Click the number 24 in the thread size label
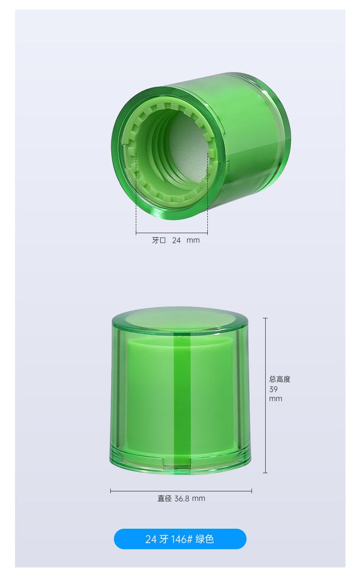176,240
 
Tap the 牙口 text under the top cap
159,240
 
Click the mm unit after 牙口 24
193,240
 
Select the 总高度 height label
280,379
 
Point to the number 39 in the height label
273,389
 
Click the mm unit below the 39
276,399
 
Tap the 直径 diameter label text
165,498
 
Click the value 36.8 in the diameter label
182,499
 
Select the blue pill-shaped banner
180,539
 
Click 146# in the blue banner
181,539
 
